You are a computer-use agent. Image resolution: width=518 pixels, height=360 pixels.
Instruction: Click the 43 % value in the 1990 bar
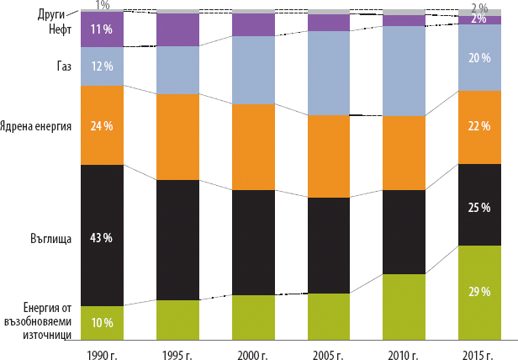click(102, 238)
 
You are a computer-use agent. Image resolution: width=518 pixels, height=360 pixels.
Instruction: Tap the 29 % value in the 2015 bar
click(479, 291)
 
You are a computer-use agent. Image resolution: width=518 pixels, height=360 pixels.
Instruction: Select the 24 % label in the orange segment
click(102, 126)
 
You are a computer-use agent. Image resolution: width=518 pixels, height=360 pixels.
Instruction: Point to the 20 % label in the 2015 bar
click(479, 57)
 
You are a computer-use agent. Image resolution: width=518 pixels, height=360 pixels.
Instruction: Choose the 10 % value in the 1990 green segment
click(102, 322)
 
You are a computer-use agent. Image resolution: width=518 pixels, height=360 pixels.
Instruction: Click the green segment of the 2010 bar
click(404, 307)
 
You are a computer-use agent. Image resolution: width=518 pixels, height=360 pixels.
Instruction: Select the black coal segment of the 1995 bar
click(177, 240)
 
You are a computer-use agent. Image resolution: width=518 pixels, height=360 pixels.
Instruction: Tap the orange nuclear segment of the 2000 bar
click(253, 147)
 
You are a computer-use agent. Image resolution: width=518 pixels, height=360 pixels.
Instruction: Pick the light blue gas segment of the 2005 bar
click(329, 73)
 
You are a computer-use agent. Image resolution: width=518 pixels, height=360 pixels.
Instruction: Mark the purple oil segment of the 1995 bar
click(177, 30)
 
